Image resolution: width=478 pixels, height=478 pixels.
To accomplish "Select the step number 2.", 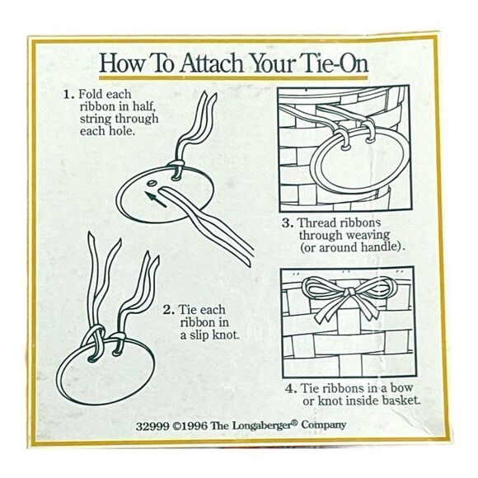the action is (169, 311).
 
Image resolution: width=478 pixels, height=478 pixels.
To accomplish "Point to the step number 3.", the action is (288, 223).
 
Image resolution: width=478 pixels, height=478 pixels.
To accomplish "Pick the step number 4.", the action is (291, 389).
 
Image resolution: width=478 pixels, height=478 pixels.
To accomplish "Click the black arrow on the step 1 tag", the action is (156, 199).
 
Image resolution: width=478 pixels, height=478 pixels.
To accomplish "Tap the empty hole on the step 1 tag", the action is (151, 183).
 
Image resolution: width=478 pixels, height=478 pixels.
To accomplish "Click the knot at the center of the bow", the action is (350, 293).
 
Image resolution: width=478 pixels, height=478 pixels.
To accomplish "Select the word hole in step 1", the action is (122, 131).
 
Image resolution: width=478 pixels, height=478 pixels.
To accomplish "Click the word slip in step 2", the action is (198, 335).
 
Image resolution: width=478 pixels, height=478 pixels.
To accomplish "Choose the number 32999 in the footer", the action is (152, 426).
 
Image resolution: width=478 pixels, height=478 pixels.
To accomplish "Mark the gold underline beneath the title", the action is (233, 78).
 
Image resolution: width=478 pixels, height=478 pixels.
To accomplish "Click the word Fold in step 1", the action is (90, 94).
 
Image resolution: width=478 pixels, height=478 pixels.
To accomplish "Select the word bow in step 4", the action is (401, 388).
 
